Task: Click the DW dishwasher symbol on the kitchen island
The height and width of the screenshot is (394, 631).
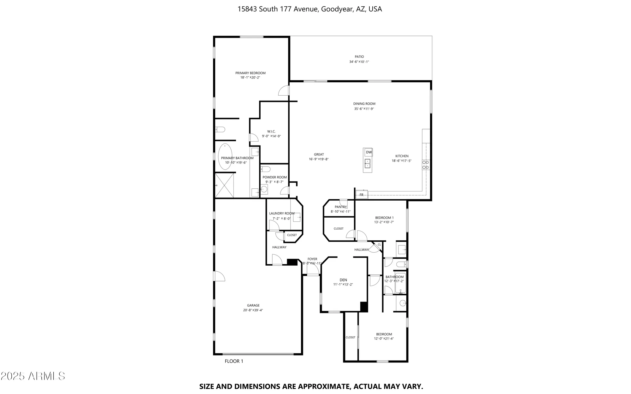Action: (369, 152)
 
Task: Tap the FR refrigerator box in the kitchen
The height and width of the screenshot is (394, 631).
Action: (362, 195)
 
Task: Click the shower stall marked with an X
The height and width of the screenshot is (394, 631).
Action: (224, 185)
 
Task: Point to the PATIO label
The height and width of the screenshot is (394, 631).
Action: (359, 57)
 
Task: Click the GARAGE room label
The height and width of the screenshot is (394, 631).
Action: (253, 305)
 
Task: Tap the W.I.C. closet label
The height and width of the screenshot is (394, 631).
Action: (271, 131)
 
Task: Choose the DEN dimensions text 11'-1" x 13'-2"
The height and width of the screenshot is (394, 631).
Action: (343, 285)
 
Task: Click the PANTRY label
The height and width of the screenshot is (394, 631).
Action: (340, 207)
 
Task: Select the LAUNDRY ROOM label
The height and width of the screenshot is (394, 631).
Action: (282, 213)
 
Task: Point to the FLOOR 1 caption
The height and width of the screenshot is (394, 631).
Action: (234, 361)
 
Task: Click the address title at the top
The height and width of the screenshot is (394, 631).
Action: (310, 9)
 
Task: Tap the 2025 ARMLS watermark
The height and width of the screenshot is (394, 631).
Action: (33, 376)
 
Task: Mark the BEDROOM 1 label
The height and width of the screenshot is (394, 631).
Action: (384, 218)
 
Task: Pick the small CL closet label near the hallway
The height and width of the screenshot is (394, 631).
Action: (379, 244)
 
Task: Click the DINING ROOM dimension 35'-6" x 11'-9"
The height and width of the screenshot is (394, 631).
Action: (364, 109)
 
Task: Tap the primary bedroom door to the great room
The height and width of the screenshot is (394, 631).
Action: (284, 91)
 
